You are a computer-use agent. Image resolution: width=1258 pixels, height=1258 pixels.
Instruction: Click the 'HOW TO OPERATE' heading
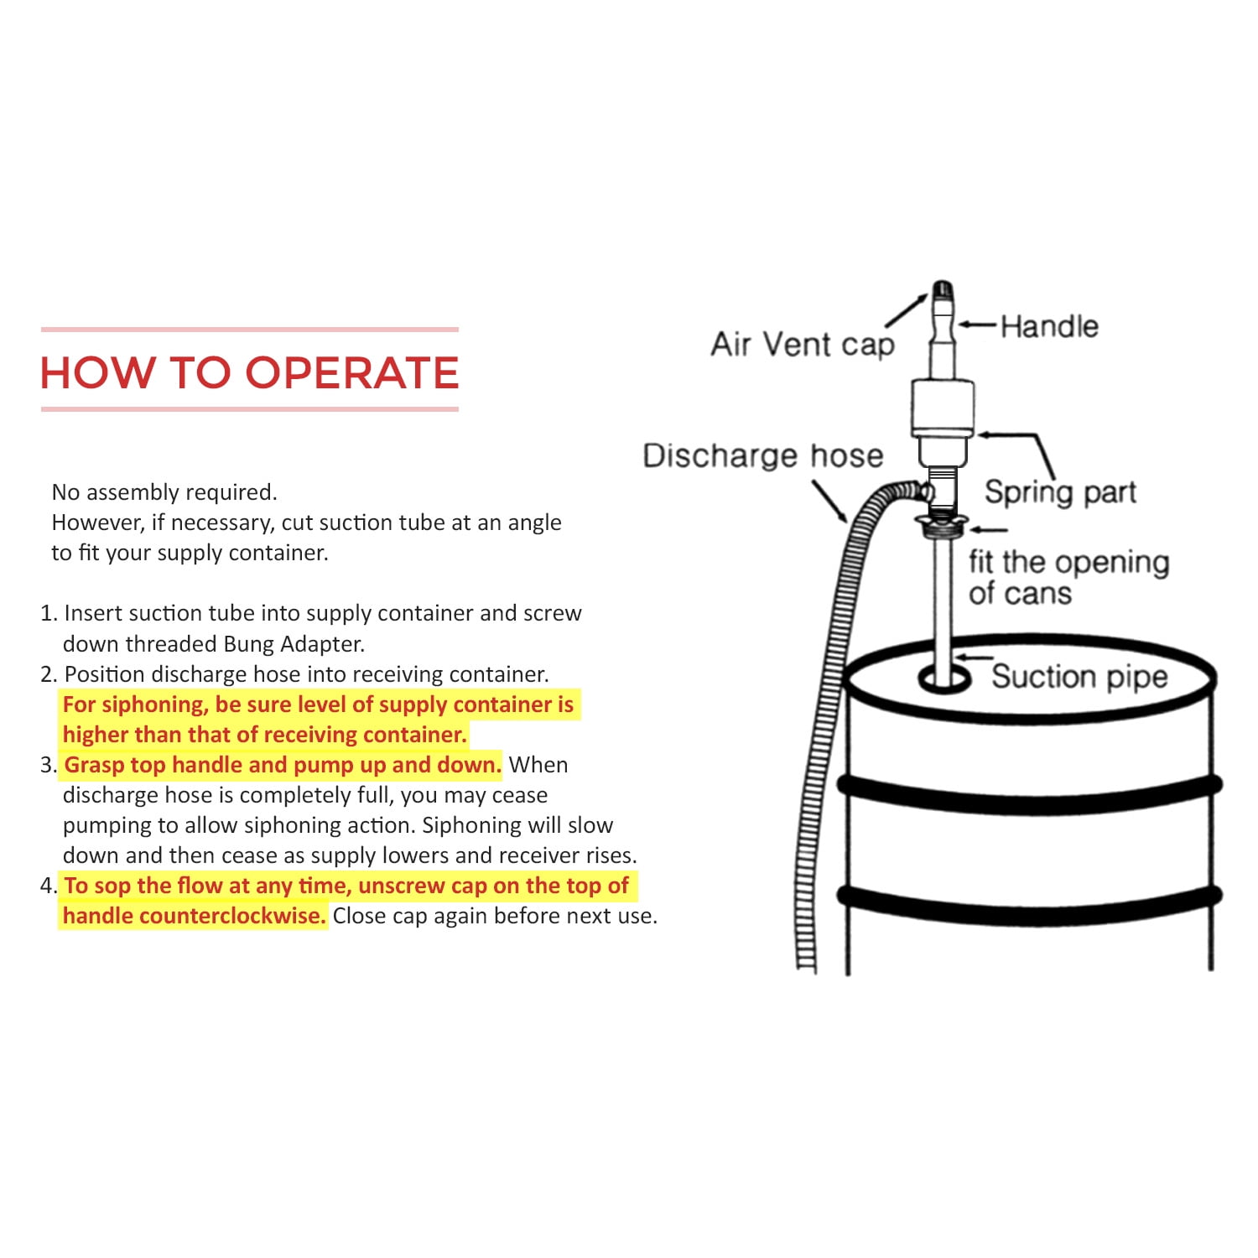click(250, 372)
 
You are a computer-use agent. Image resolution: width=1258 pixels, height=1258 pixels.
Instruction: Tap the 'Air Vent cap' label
click(803, 345)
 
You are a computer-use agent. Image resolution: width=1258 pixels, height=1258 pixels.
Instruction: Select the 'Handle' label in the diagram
click(1049, 326)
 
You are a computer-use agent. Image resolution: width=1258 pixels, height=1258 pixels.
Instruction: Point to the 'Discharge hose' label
click(763, 455)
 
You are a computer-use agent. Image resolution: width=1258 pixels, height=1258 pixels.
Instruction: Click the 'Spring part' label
click(1060, 492)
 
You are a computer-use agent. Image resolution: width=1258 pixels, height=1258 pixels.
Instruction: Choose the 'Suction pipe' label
click(1079, 676)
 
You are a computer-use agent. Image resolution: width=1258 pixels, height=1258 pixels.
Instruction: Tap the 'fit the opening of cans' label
click(1068, 577)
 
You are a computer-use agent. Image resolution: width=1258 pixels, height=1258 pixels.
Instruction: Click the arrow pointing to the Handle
click(978, 325)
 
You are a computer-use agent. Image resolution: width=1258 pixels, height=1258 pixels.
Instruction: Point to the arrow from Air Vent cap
click(905, 309)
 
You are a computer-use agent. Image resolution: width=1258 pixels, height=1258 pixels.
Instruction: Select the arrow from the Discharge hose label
click(829, 502)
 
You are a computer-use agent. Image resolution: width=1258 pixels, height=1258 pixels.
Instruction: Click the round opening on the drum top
click(944, 678)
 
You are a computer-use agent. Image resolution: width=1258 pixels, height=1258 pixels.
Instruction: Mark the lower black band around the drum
click(1030, 904)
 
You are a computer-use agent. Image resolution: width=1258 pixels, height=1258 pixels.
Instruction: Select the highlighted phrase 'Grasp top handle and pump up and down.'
click(283, 765)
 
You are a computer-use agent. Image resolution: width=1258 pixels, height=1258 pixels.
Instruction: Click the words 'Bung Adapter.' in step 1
click(294, 644)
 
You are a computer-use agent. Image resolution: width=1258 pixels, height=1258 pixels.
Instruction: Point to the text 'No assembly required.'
click(164, 492)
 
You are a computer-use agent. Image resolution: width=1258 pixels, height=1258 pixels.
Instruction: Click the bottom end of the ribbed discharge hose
click(806, 966)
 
